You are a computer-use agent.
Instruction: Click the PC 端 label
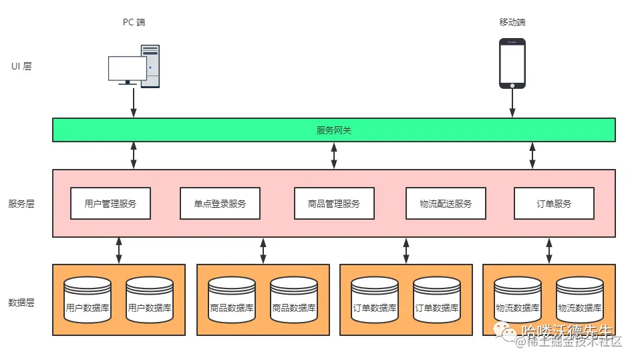pos(134,22)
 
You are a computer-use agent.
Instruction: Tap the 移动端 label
pos(512,22)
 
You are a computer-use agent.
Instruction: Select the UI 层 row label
pos(21,66)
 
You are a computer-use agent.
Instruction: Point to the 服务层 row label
pos(21,204)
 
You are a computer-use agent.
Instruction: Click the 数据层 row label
pos(21,303)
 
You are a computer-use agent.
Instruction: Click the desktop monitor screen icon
pos(127,68)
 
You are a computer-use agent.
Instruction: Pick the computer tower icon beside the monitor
pos(150,66)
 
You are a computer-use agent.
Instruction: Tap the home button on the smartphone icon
pos(512,85)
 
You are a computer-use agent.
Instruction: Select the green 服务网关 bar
pos(334,130)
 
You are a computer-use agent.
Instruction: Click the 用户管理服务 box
pos(110,204)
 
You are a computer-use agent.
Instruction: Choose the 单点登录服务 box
pos(220,204)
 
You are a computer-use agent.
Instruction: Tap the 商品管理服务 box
pos(334,204)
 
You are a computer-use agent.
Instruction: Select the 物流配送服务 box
pos(446,204)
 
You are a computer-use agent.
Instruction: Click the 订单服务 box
pos(554,204)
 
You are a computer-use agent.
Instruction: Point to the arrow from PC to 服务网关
pos(134,102)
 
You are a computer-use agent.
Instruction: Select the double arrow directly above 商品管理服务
pos(334,155)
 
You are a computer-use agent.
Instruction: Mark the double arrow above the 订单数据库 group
pos(406,250)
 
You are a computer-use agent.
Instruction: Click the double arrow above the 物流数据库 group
pos(548,250)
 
